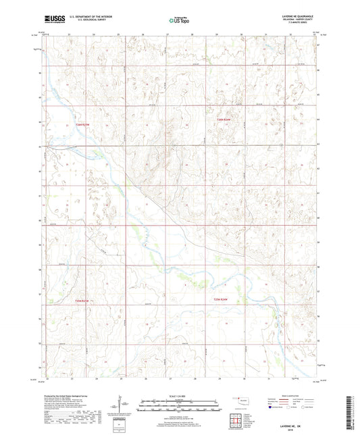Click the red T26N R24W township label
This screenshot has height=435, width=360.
point(224,120)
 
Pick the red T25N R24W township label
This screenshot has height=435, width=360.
point(222,299)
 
